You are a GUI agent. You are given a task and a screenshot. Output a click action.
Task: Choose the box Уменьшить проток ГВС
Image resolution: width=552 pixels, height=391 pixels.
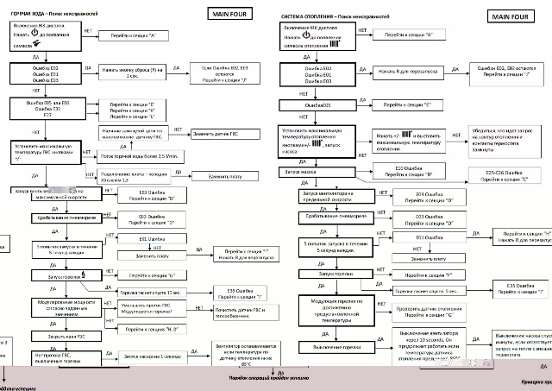tap(143, 308)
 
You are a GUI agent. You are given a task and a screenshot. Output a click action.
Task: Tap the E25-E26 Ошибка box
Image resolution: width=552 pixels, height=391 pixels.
tap(505, 177)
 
